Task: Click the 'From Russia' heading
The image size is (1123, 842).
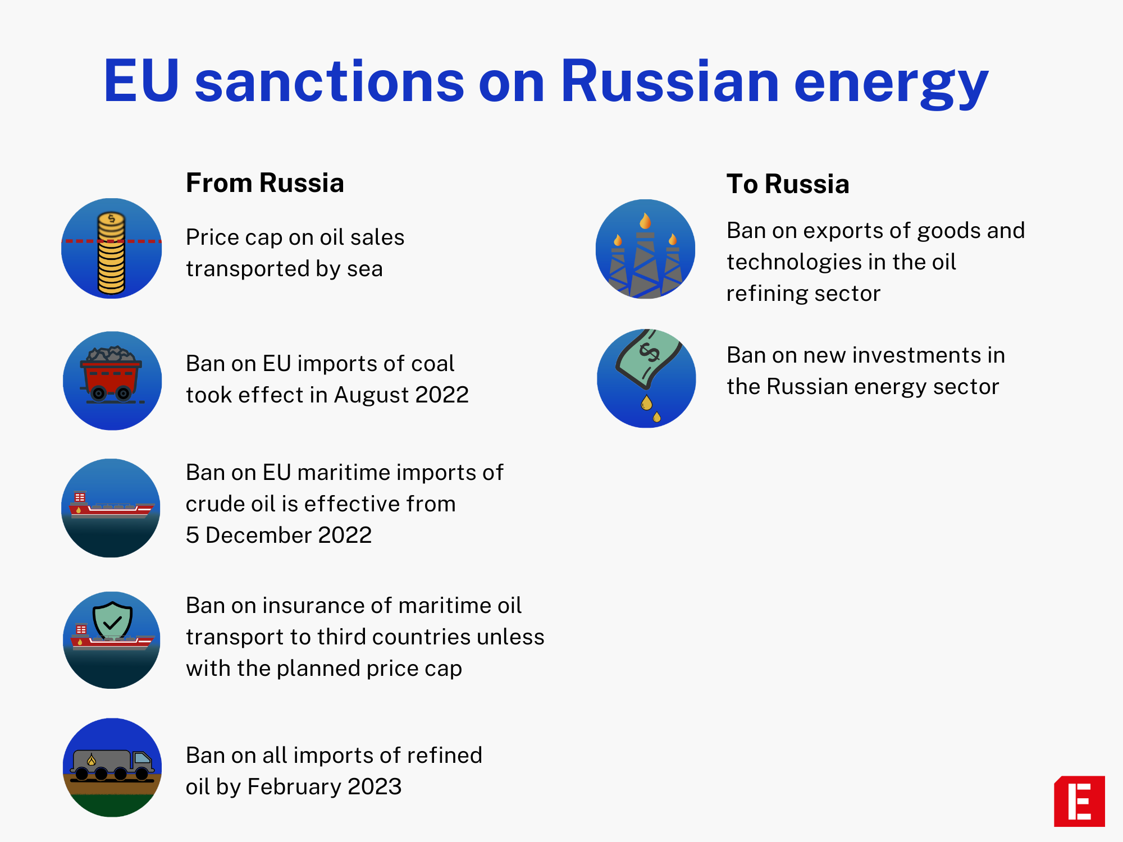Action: click(x=264, y=183)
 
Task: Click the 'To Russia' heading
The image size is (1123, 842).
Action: click(x=787, y=184)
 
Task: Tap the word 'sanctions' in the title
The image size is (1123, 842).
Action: click(x=330, y=81)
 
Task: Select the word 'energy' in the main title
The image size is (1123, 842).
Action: click(x=891, y=84)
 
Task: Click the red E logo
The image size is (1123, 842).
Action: click(x=1079, y=801)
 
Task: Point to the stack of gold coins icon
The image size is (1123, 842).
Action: click(x=111, y=254)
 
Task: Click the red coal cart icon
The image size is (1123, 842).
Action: click(x=112, y=375)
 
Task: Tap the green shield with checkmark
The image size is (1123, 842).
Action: click(x=112, y=620)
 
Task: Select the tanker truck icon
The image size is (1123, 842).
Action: click(x=112, y=765)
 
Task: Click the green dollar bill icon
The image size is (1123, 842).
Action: click(x=649, y=358)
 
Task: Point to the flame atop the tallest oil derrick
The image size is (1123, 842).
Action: click(x=646, y=221)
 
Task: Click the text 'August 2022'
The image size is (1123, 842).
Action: click(x=401, y=395)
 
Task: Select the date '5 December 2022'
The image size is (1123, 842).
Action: click(x=279, y=535)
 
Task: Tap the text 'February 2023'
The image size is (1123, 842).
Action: click(x=324, y=786)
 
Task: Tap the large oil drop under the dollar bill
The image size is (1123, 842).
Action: click(x=647, y=402)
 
